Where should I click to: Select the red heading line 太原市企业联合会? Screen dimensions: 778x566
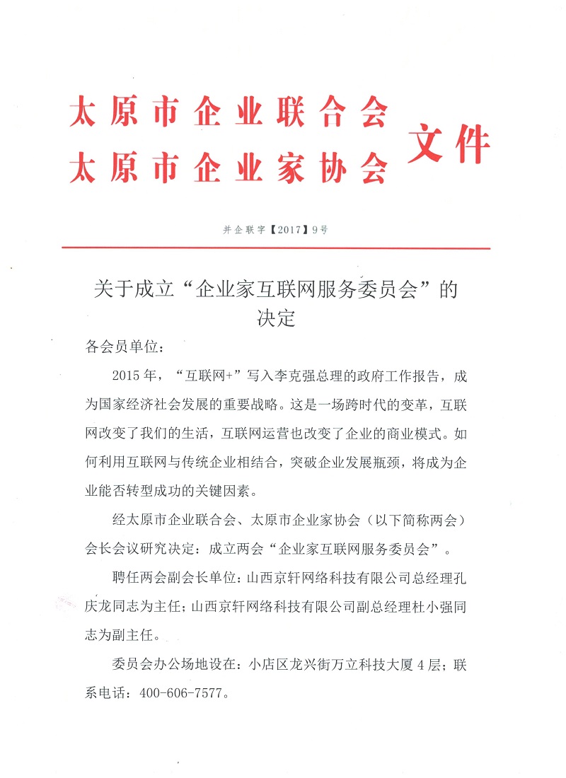(x=229, y=113)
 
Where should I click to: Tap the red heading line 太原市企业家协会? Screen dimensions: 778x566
(x=229, y=168)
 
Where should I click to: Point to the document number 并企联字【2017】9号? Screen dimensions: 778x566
(x=276, y=230)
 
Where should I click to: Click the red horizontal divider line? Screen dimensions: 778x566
(x=276, y=248)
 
